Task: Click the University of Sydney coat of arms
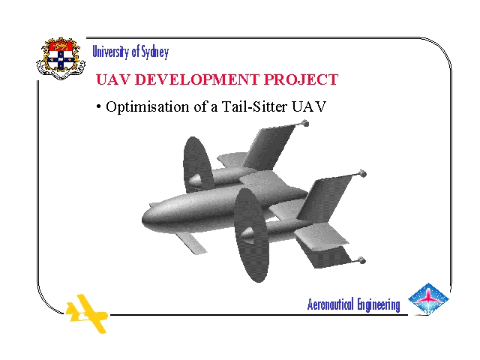tap(61, 58)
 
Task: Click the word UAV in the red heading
tap(113, 79)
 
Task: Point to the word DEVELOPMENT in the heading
tap(196, 79)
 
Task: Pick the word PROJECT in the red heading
tap(301, 79)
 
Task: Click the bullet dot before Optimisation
tap(98, 106)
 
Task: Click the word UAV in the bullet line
tap(309, 106)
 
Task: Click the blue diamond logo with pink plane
tap(428, 299)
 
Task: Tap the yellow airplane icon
tap(87, 313)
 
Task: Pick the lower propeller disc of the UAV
tap(252, 235)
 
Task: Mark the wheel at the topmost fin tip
tap(305, 123)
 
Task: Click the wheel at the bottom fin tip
tap(361, 260)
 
